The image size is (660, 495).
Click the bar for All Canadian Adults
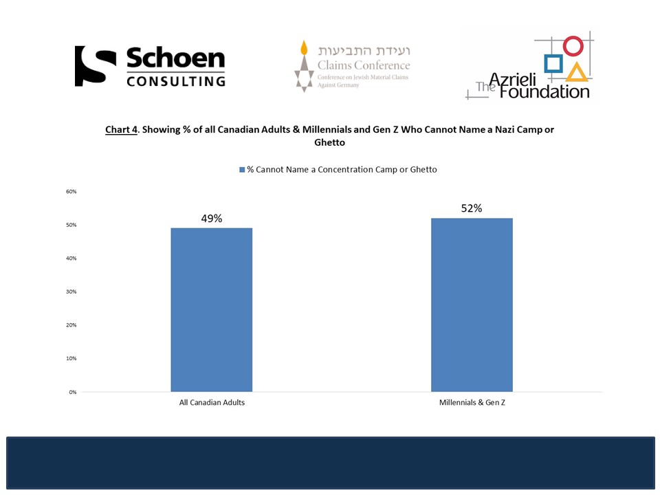click(211, 309)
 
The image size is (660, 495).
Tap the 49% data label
click(211, 219)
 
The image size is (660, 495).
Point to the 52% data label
click(472, 208)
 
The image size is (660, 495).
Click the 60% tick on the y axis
click(71, 191)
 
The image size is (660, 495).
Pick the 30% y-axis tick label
click(71, 291)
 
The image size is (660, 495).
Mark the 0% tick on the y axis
click(72, 392)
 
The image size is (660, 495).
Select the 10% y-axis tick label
click(71, 358)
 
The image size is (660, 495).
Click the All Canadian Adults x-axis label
click(212, 402)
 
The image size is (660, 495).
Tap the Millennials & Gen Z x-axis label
click(472, 402)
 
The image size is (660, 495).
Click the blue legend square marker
click(242, 170)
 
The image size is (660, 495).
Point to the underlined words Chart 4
click(121, 129)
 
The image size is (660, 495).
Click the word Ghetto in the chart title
click(331, 143)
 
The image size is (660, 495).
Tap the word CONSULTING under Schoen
click(175, 80)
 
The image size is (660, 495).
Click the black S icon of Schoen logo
click(95, 66)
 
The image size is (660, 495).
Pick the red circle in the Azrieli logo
click(573, 46)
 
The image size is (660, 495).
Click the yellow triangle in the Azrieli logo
click(577, 71)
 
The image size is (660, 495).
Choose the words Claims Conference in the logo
click(363, 66)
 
